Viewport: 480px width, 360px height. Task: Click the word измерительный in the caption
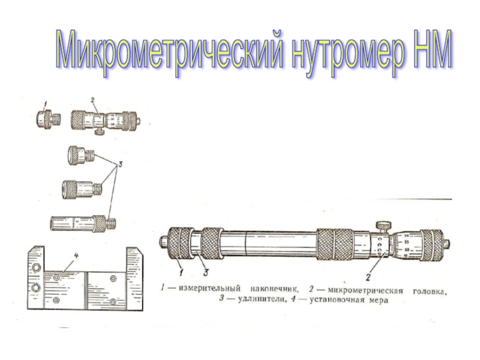(209, 289)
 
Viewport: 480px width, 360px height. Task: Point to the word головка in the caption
(430, 291)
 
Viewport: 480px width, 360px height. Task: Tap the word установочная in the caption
(337, 299)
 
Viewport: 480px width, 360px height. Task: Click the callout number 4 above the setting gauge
(76, 256)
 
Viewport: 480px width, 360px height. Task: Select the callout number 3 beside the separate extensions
(121, 164)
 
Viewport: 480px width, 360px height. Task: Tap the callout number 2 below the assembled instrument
(368, 278)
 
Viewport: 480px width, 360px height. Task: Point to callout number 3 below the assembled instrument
(206, 272)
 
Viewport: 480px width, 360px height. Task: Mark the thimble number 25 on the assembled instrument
(407, 242)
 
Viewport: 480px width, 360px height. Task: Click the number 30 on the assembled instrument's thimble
(407, 236)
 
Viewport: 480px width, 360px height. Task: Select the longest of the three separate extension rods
(83, 223)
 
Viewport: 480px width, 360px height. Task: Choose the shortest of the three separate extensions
(82, 155)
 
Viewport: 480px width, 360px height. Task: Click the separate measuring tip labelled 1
(48, 119)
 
